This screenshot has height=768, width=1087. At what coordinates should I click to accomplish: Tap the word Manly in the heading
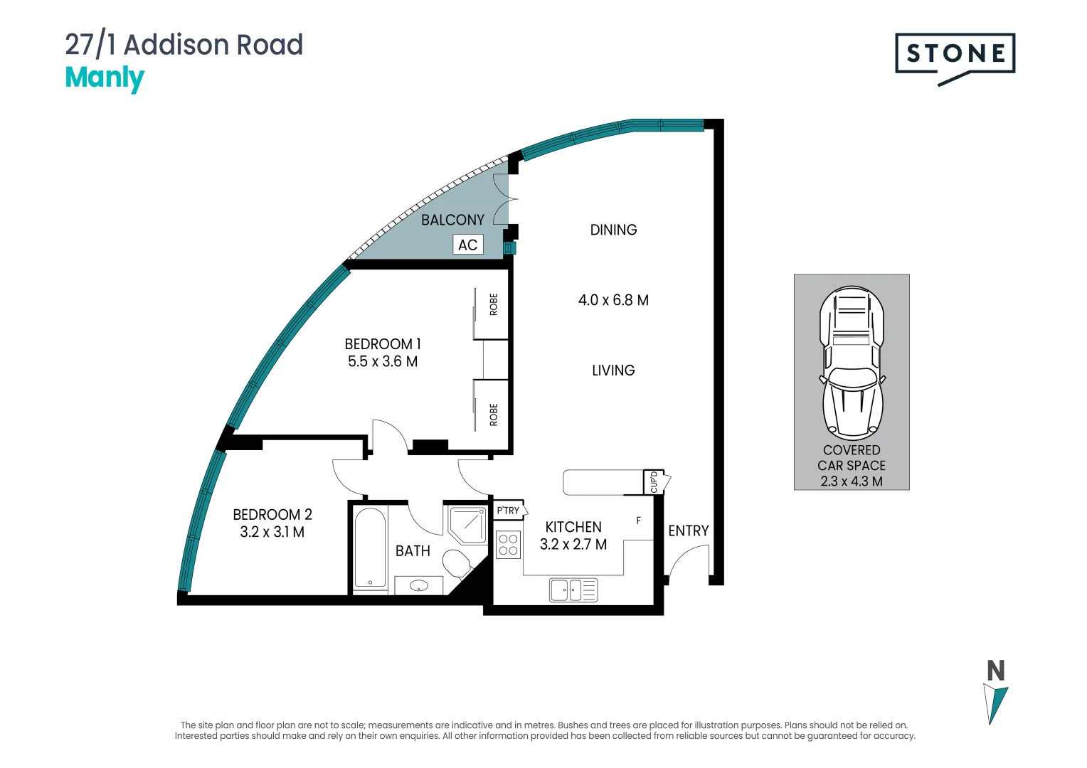tap(105, 78)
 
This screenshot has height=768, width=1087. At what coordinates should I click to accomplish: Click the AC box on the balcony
tap(467, 245)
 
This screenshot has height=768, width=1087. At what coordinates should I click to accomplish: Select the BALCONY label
tap(452, 220)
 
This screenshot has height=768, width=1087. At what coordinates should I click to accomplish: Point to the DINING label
tap(613, 230)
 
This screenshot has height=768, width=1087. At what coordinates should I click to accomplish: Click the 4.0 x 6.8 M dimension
tap(613, 300)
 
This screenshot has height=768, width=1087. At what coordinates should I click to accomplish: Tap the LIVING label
tap(613, 370)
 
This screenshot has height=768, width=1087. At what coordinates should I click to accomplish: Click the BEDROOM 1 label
tap(383, 344)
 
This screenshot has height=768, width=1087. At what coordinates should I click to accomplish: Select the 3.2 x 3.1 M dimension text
tap(272, 532)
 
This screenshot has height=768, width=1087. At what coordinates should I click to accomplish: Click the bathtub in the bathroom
tap(370, 548)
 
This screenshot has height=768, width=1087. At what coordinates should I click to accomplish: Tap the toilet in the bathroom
tap(457, 563)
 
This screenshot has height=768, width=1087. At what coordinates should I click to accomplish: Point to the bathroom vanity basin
tap(419, 586)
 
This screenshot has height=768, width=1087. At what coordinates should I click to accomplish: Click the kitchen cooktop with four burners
tap(508, 545)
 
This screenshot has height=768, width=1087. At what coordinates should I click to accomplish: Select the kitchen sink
tap(573, 590)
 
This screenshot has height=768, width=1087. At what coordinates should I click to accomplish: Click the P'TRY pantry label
tap(509, 511)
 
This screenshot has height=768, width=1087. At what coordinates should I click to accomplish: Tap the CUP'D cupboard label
tap(654, 482)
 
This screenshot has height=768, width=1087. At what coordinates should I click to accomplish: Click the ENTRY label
tap(688, 531)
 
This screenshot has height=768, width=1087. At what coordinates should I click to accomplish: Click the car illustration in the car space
tap(852, 363)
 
